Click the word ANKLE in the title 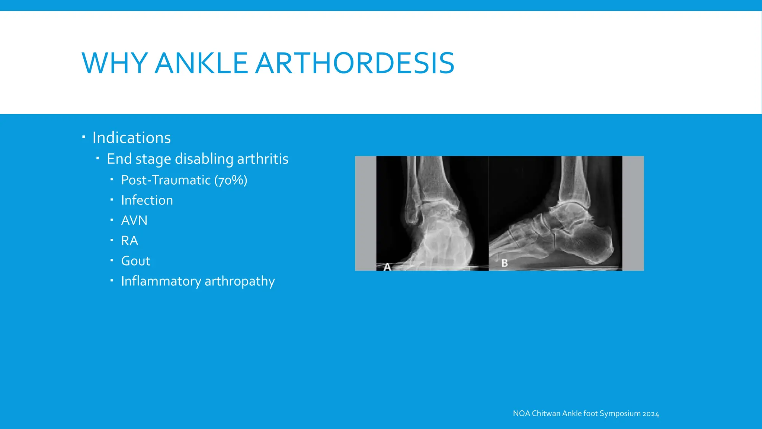pos(201,63)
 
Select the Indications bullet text pos(131,138)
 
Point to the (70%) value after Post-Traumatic pos(231,180)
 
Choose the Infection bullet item pos(147,200)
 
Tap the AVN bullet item pos(134,220)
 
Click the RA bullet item pos(129,241)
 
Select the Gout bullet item pos(135,261)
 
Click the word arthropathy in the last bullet pos(240,281)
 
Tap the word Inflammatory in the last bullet pos(161,281)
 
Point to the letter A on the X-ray pos(387,267)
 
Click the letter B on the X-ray pos(505,263)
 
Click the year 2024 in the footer pos(651,414)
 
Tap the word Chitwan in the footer pos(546,413)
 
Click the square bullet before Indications pos(84,137)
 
